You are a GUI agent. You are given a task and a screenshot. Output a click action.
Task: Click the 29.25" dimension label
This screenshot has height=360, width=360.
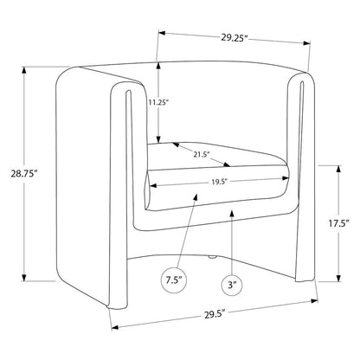235,38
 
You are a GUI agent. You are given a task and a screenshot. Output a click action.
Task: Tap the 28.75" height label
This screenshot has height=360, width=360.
24,174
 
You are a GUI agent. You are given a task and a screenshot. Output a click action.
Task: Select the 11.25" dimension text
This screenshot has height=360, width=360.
158,102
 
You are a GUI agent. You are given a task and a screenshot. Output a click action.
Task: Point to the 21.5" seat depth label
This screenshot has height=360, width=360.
201,155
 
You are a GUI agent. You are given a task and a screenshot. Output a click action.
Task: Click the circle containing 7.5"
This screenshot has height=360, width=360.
174,280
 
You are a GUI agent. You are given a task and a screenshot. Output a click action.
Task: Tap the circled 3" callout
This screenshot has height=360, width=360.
232,285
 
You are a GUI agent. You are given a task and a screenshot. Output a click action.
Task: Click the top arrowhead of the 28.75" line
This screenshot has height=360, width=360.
24,70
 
